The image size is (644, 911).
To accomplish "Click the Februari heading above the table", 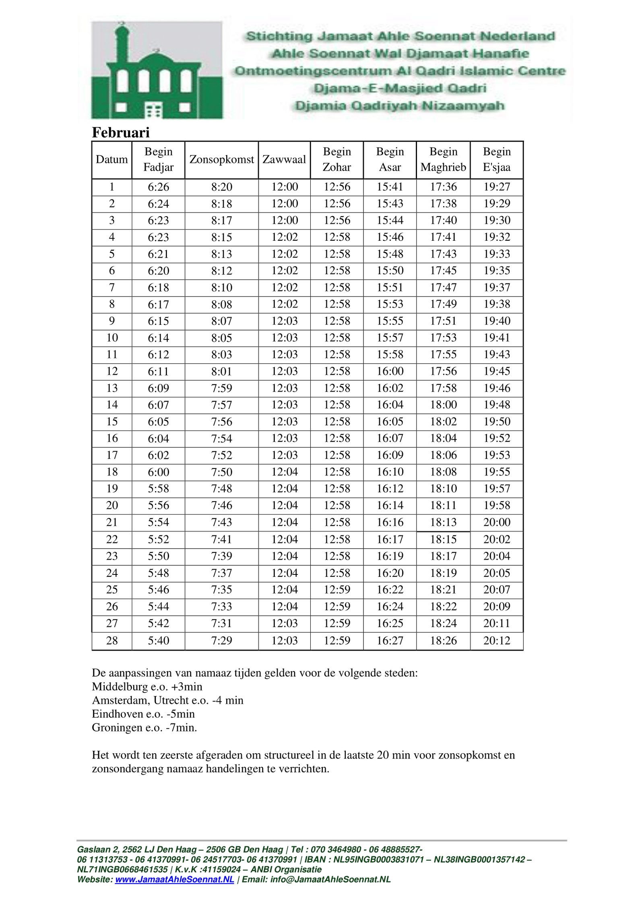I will point(120,132).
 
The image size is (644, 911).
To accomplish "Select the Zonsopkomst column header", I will point(221,159).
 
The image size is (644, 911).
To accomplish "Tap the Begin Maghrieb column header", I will point(443,159).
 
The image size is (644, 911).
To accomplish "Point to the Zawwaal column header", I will point(284,159).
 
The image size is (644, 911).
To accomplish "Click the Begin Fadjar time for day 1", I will point(158,187).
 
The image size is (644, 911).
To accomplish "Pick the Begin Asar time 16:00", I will point(390,371).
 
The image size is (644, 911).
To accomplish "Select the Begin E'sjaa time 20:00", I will point(497,522).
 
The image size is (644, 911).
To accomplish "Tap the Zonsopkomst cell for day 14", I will point(221,405).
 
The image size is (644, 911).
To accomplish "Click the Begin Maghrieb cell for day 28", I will point(443,640).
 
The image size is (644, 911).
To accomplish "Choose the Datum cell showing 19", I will point(112,488).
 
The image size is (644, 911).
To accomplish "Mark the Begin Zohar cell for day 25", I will point(337,590).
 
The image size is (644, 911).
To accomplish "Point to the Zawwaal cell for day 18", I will point(284,472).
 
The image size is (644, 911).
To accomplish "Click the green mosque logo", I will point(157,70).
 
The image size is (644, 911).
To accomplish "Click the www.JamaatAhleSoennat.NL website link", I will point(174,879).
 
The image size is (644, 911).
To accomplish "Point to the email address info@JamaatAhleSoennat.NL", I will point(330,879).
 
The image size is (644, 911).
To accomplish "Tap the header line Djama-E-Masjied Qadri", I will point(400,88).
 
